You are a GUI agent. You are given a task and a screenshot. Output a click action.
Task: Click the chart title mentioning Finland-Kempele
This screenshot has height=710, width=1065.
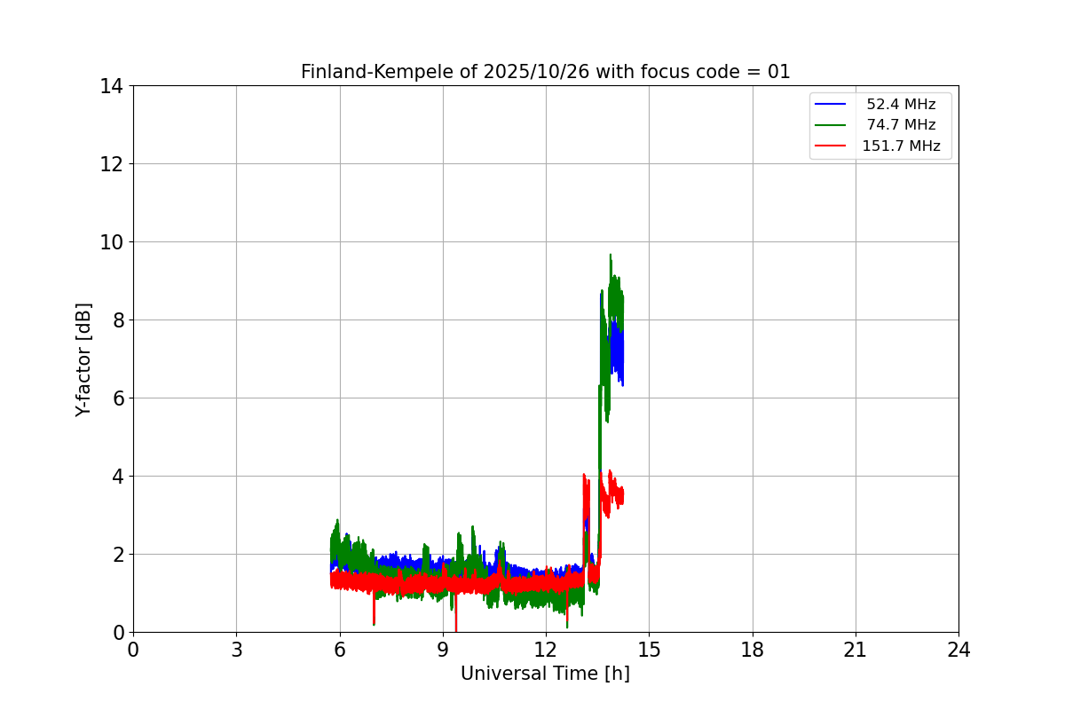[545, 72]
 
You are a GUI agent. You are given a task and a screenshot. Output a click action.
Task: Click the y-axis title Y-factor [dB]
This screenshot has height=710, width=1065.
[83, 359]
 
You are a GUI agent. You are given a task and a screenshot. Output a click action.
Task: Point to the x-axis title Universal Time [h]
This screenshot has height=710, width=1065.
[545, 674]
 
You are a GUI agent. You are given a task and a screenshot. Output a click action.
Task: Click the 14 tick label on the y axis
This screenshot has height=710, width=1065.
[112, 86]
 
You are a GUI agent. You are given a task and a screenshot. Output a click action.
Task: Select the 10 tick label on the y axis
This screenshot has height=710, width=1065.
[112, 242]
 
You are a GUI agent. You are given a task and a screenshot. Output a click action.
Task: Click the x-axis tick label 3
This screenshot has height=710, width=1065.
[236, 651]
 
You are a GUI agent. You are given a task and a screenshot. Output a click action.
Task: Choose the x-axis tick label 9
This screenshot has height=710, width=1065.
[443, 651]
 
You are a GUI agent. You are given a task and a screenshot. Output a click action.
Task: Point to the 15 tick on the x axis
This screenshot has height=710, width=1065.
[649, 651]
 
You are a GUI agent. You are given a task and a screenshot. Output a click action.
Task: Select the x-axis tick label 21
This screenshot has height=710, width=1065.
[856, 651]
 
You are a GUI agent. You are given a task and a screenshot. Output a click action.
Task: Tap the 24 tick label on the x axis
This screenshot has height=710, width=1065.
[958, 651]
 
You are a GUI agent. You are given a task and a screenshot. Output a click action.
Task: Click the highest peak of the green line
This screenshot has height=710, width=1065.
[611, 255]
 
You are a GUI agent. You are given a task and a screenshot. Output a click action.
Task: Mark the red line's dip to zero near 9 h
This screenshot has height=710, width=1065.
[456, 629]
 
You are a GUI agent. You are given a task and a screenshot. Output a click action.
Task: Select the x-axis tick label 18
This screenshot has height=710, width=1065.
[753, 651]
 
